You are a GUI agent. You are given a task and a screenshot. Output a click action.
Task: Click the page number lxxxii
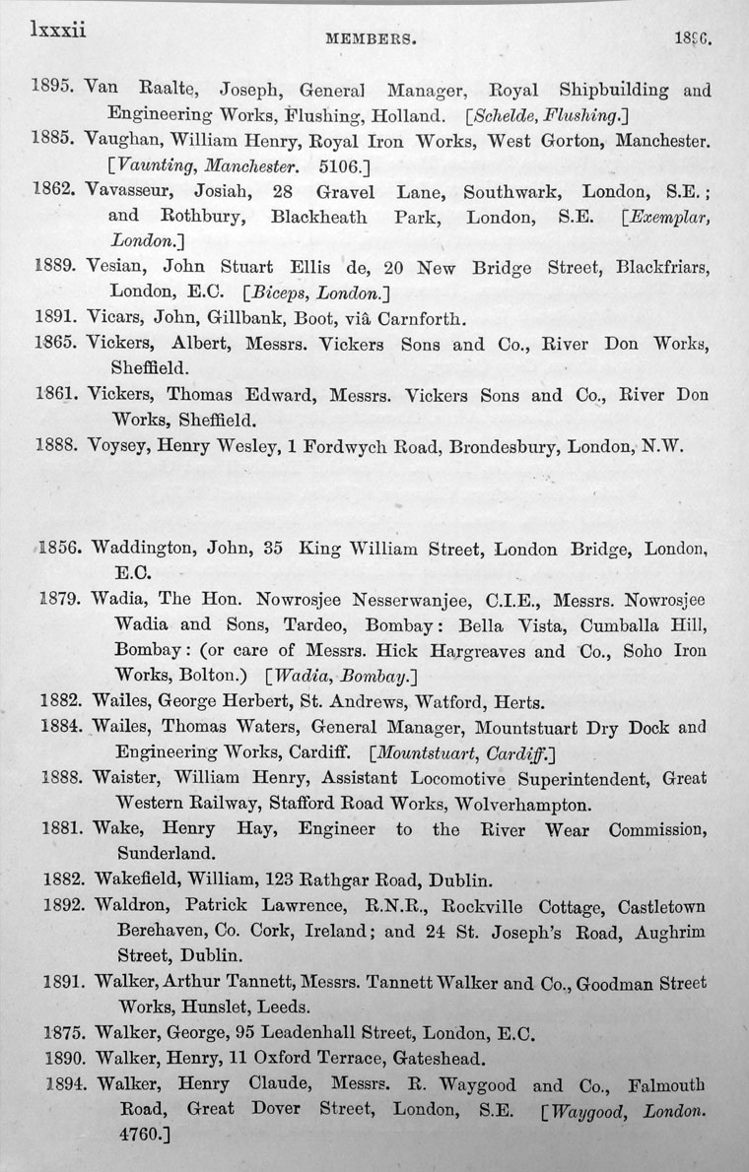[58, 31]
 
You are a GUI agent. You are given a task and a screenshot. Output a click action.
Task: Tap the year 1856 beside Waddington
[61, 548]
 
